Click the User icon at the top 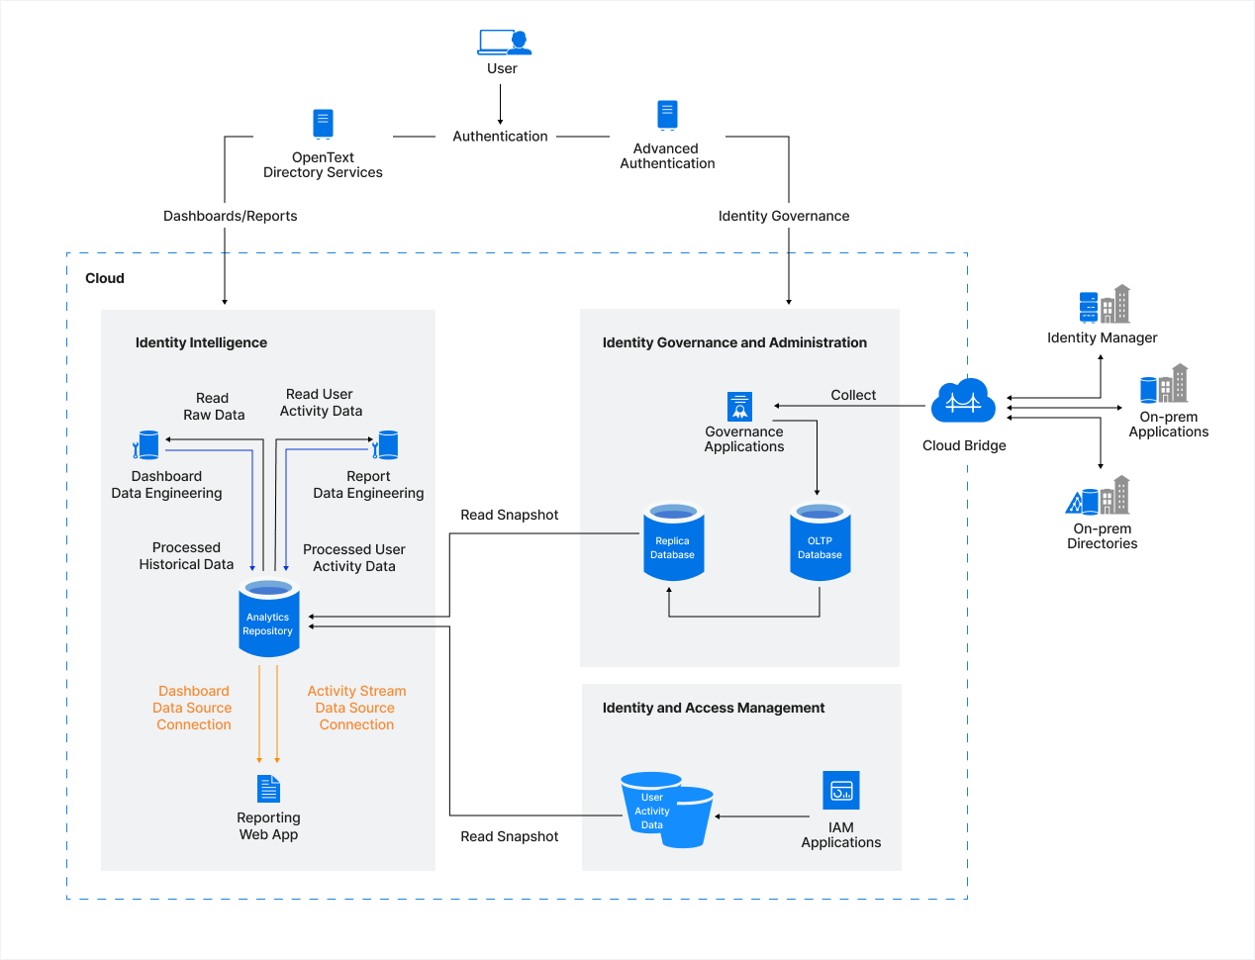coord(504,42)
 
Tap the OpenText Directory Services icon coord(323,124)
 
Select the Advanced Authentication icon coord(667,115)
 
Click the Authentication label coord(500,137)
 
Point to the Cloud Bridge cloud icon coord(963,401)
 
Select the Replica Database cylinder coord(673,541)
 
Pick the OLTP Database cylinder coord(820,541)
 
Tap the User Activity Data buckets coord(666,810)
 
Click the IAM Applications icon coord(841,790)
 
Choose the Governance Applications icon coord(739,407)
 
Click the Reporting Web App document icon coord(268,789)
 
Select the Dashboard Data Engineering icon coord(146,445)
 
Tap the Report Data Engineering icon coord(385,445)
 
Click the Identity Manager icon coord(1104,305)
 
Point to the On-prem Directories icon coord(1098,496)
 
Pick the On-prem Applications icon coord(1164,383)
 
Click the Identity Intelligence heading coord(201,342)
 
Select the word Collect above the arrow coord(853,395)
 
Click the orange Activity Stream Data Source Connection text coord(356,708)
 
